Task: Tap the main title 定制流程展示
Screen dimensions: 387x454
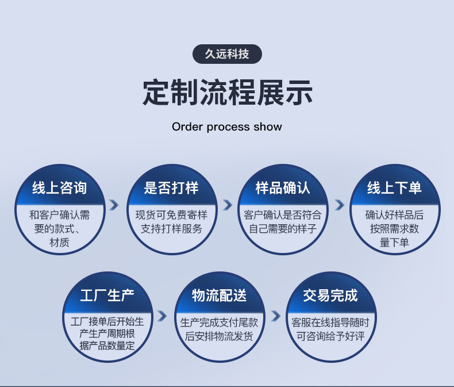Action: tap(227, 92)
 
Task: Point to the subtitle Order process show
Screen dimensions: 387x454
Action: tap(227, 127)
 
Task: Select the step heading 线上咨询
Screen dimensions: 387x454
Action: tap(59, 188)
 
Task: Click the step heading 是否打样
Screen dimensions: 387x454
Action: tap(171, 188)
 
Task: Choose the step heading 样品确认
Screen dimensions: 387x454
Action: tap(283, 188)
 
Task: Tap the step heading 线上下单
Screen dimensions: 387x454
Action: tap(394, 188)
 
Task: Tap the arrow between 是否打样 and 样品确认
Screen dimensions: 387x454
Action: tap(227, 205)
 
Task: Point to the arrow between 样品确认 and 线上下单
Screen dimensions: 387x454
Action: tap(339, 205)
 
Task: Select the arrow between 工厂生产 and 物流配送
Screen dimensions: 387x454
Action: tap(163, 316)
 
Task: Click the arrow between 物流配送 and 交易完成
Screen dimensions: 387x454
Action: tap(275, 316)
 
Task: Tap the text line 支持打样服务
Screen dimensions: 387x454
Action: tap(171, 228)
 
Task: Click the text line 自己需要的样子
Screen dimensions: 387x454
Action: tap(283, 228)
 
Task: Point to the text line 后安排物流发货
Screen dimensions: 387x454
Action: tap(219, 336)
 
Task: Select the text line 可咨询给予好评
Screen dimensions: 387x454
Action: tap(330, 336)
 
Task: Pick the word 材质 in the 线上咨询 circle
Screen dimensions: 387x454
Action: tap(59, 243)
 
